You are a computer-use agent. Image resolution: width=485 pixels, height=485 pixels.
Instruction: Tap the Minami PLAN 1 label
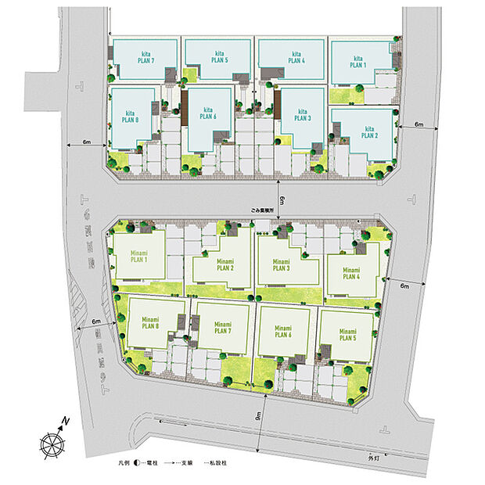[x=139, y=256]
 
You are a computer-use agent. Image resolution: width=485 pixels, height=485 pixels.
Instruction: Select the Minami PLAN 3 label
[x=282, y=264]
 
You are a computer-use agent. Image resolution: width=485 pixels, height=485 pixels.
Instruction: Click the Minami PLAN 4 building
[x=350, y=273]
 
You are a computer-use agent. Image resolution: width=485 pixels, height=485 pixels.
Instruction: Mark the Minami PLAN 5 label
[x=348, y=336]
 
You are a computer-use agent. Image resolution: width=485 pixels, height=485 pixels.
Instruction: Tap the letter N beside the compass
[x=67, y=422]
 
